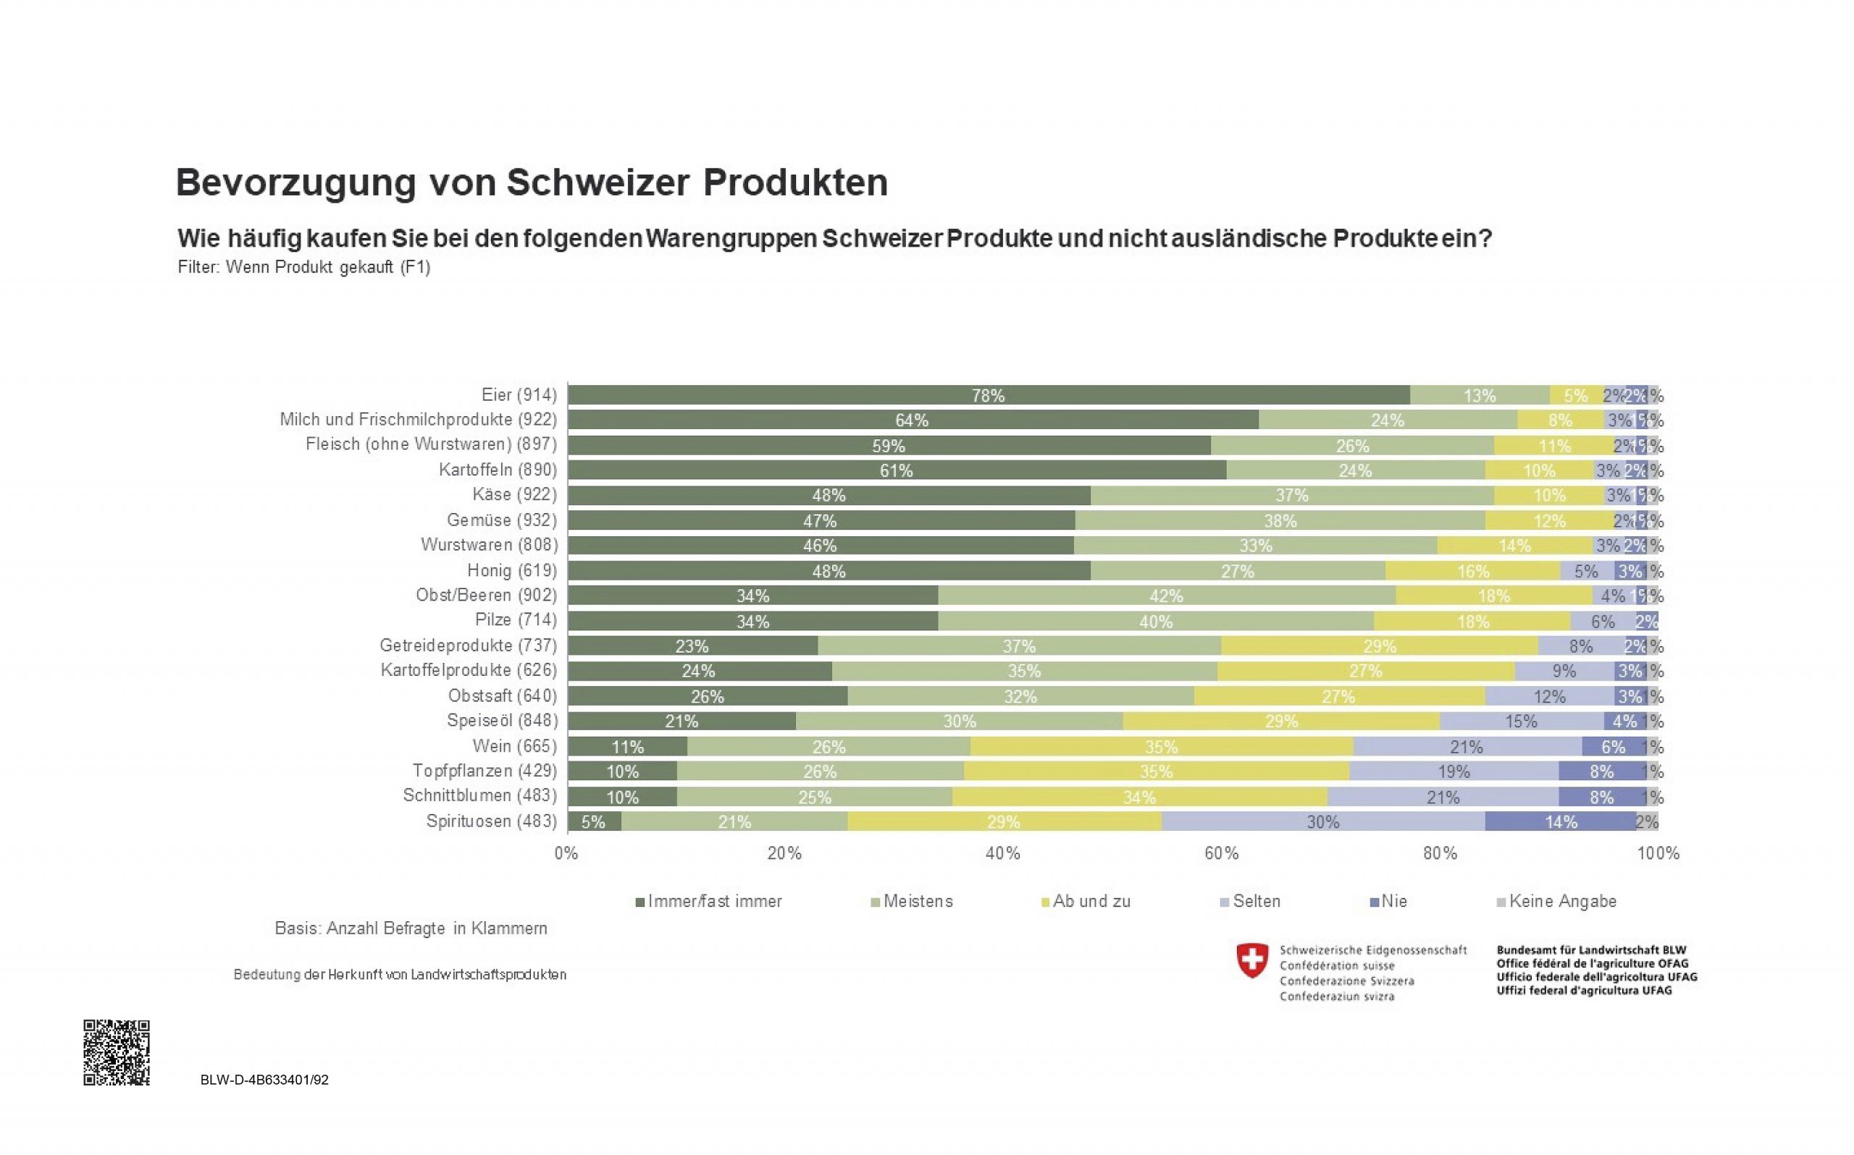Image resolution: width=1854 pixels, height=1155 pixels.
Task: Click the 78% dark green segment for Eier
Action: click(988, 395)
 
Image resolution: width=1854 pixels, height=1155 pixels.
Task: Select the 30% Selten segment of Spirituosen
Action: click(1323, 822)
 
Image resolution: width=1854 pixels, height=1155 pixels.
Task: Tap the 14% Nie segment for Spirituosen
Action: click(1561, 822)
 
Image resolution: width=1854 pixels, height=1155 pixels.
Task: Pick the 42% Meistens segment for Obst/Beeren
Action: click(1166, 596)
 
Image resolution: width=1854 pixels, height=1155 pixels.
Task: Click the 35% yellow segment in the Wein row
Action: click(1161, 746)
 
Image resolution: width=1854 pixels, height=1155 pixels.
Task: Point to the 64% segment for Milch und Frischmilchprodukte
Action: click(913, 420)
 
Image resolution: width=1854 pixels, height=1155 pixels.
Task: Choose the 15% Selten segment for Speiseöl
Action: click(1521, 721)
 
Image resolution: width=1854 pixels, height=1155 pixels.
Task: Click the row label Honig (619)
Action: click(512, 570)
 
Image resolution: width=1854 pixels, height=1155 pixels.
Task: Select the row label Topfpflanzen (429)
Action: click(485, 771)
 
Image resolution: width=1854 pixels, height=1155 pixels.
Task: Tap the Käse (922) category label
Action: click(514, 495)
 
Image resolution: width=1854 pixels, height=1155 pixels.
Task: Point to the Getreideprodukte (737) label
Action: click(468, 646)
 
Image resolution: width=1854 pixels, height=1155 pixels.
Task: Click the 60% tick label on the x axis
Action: click(1220, 853)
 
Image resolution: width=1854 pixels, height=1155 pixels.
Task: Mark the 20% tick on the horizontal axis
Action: click(784, 853)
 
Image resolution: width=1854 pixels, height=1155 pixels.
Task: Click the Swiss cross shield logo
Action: click(1251, 960)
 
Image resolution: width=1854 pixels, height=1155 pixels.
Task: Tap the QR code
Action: click(116, 1052)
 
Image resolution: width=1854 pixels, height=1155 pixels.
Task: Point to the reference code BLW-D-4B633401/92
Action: click(264, 1080)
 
